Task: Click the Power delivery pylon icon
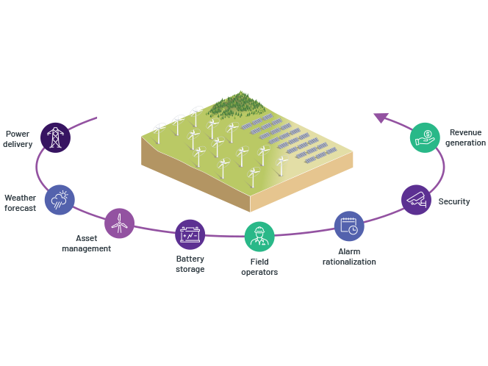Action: [x=54, y=137]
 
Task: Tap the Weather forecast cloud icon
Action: [x=60, y=199]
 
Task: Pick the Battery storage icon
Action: [x=190, y=234]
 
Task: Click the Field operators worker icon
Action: [x=259, y=236]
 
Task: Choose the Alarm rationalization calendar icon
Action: [x=349, y=226]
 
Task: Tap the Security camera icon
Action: [x=416, y=199]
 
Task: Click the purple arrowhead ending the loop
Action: [x=381, y=117]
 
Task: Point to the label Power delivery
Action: [x=18, y=139]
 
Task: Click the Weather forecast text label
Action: [x=20, y=202]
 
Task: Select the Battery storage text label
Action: [x=190, y=264]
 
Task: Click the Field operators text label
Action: [x=259, y=267]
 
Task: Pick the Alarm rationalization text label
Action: [x=349, y=256]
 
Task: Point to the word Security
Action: [x=454, y=201]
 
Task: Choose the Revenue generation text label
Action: [x=465, y=137]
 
